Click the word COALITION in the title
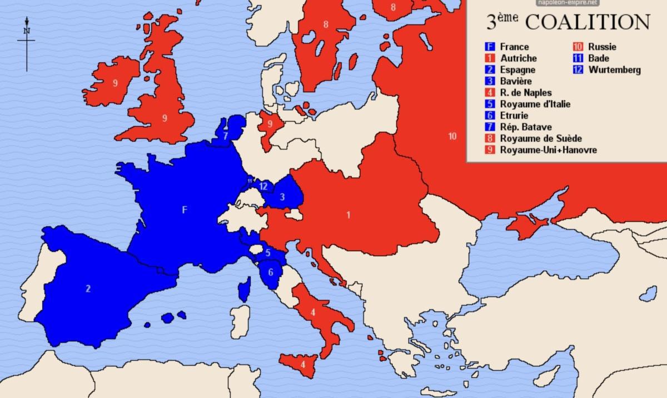[588, 22]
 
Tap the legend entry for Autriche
[517, 58]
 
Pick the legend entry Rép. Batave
[525, 127]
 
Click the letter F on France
[185, 210]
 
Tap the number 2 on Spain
[88, 288]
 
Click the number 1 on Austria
[349, 215]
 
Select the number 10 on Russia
[452, 136]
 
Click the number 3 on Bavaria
[282, 196]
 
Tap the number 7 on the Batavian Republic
[225, 135]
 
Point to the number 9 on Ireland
[115, 83]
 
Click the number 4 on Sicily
[302, 365]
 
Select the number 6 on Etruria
[271, 272]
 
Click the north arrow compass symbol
[26, 42]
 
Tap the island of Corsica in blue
[243, 291]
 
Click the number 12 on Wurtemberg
[263, 186]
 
